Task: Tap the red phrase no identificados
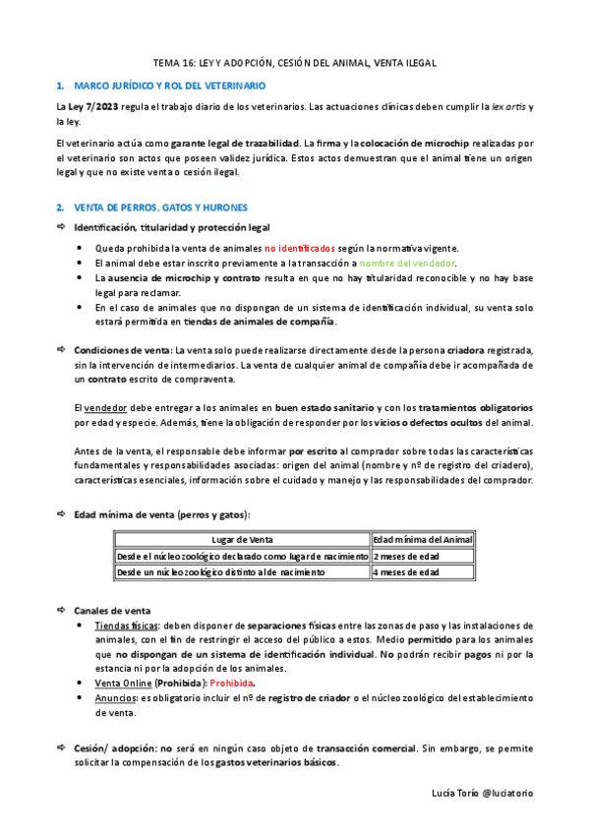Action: coord(299,250)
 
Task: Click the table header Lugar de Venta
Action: coord(243,540)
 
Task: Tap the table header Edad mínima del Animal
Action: coord(423,540)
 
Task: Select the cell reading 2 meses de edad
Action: coord(406,556)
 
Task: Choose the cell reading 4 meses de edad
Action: coord(406,571)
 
